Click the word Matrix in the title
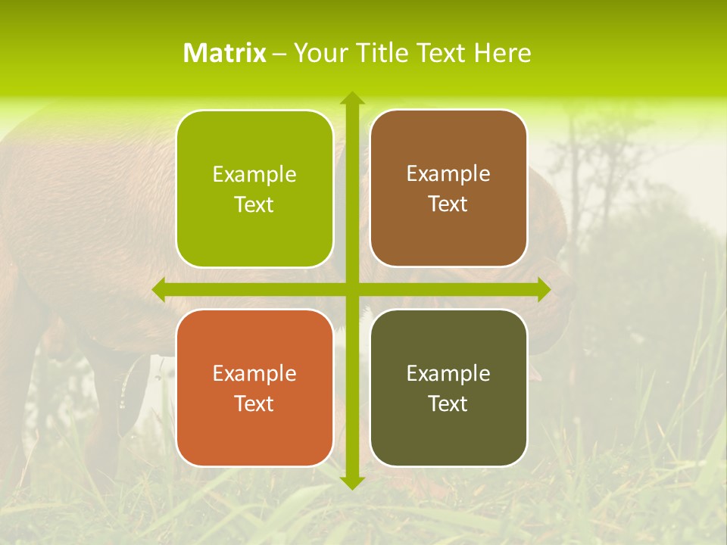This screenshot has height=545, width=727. tap(225, 53)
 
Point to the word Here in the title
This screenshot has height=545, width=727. tap(503, 53)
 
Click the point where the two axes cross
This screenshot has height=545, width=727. tap(351, 290)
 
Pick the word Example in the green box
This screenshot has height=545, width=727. tap(254, 175)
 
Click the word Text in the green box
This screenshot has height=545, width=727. tap(254, 205)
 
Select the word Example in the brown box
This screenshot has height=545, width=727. tap(448, 174)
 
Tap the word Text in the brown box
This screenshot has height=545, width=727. tap(448, 204)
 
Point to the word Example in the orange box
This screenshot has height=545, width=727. tap(254, 373)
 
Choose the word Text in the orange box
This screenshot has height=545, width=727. tap(254, 403)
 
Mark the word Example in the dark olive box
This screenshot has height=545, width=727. tap(448, 373)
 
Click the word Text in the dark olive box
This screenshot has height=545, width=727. tap(448, 403)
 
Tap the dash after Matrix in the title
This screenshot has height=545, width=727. tap(279, 54)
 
